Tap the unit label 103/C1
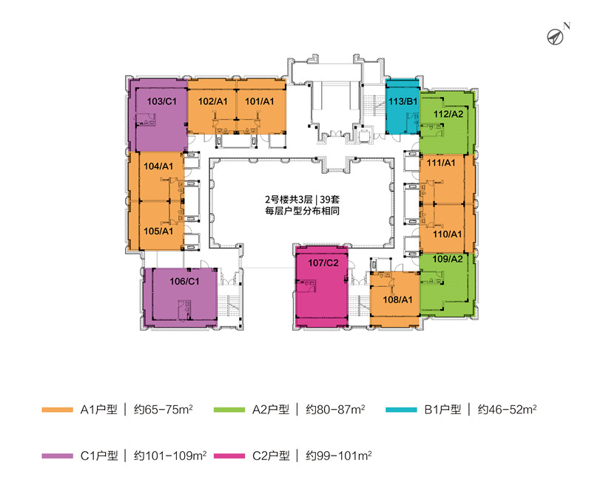[161, 101]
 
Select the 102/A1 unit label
[212, 101]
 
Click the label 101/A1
[260, 101]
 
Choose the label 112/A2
[448, 114]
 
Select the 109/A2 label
[447, 259]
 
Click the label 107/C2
[323, 262]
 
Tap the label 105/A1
[158, 231]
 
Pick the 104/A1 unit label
[157, 166]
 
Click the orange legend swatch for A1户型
[55, 409]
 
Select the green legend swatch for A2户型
[226, 409]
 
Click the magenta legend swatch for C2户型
[226, 456]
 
